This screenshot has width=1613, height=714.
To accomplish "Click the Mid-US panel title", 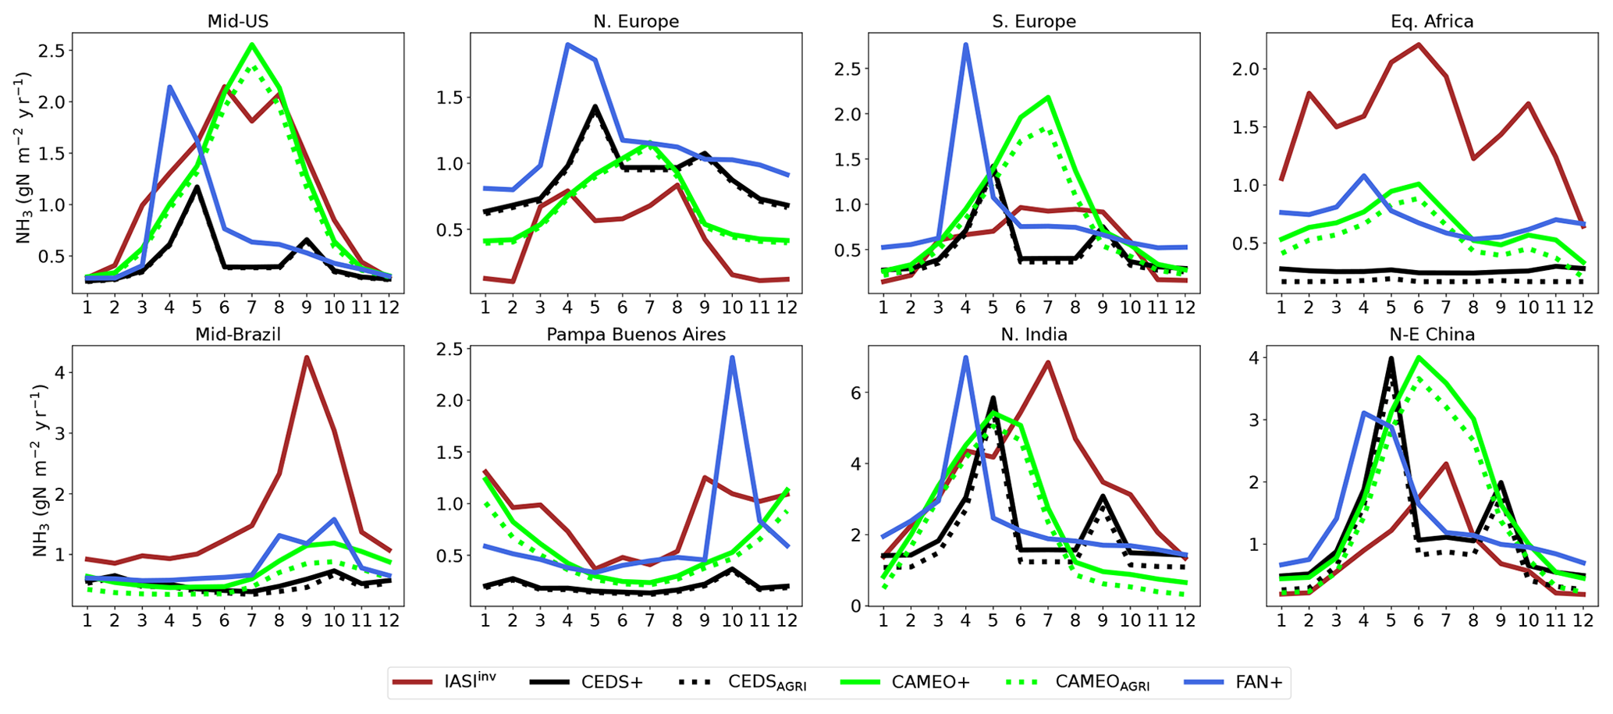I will point(237,21).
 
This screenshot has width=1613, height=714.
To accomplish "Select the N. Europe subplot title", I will point(636,21).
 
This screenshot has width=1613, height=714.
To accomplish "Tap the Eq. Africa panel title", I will point(1432,21).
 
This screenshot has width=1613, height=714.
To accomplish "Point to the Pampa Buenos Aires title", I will point(636,335).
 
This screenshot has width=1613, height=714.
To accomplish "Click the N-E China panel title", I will point(1432,335).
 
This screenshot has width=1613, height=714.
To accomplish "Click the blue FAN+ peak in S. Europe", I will point(965,44).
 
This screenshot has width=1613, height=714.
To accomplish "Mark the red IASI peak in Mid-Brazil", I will point(307,357).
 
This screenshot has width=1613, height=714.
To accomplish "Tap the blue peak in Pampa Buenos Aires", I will point(733,357).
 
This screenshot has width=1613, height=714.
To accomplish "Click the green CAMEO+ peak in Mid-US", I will point(251,44).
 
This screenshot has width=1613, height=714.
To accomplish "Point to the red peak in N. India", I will point(1047,362).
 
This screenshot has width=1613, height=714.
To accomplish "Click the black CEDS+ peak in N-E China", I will point(1391,359).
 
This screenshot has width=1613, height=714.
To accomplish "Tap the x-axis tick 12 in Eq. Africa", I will point(1582,307).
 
